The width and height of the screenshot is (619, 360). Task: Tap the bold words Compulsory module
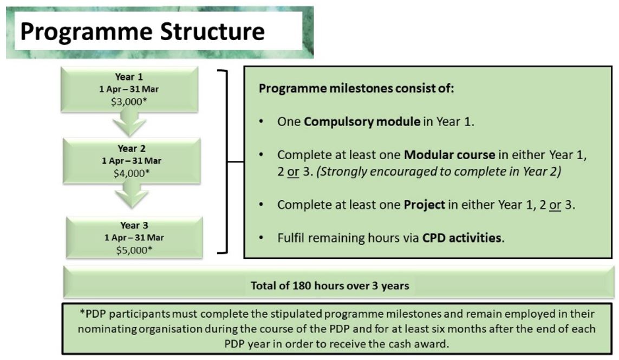pos(362,122)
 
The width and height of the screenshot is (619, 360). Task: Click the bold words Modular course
pos(449,155)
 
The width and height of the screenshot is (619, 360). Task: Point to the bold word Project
pos(425,206)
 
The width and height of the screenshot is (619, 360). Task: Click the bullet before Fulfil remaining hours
pos(262,238)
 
